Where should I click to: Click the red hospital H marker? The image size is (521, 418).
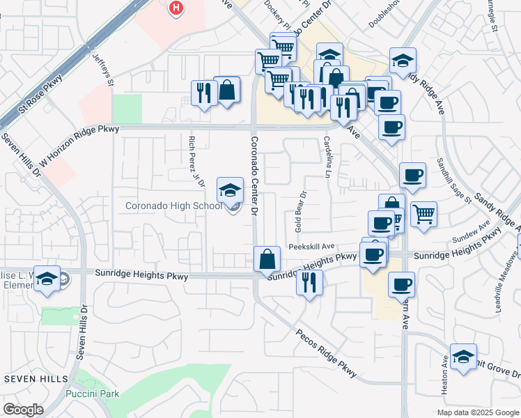point(177,8)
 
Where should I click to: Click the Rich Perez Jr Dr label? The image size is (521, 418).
point(196,161)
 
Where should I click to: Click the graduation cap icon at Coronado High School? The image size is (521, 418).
point(231,189)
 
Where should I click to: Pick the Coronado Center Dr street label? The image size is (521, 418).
point(254,174)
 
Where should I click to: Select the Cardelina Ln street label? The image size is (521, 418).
point(327,156)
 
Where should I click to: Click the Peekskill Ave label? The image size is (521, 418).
point(312,246)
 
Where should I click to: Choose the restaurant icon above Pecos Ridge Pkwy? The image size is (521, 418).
point(309,281)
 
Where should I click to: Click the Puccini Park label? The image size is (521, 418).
point(92,394)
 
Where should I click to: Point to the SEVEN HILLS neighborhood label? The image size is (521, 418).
point(36,378)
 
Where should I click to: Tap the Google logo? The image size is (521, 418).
point(23,410)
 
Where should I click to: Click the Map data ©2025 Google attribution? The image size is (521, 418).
point(478,412)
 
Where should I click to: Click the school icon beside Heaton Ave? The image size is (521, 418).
point(462,357)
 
